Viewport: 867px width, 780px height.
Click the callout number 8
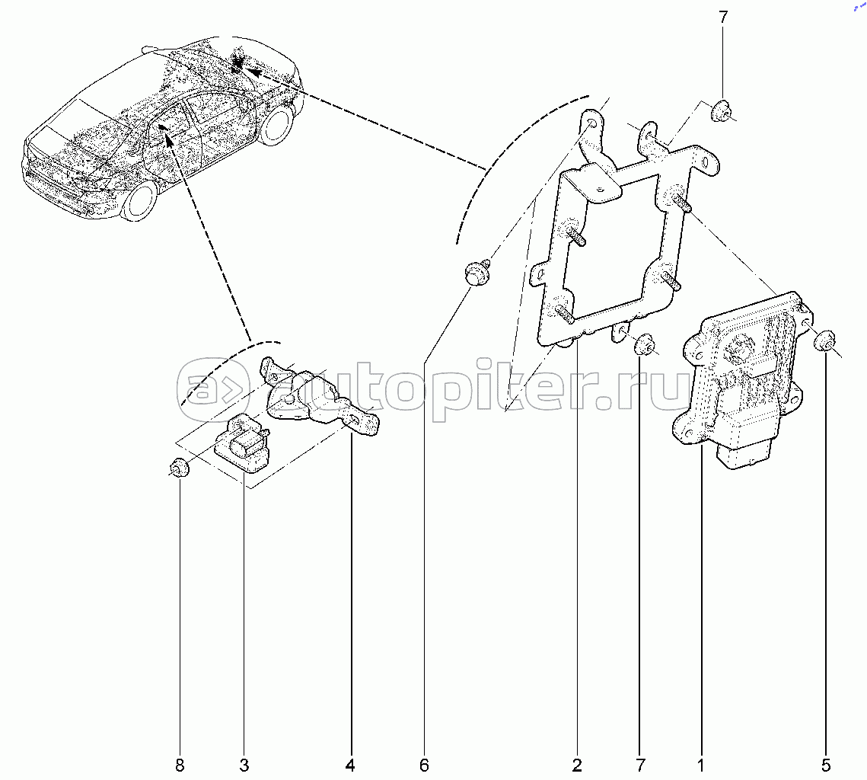(180, 766)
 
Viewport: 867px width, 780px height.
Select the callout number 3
(244, 766)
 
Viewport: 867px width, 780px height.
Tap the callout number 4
(350, 766)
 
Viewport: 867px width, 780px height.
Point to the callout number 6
(424, 766)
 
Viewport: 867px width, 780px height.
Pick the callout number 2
(577, 766)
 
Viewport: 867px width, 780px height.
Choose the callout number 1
(700, 766)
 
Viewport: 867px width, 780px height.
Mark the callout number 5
(826, 766)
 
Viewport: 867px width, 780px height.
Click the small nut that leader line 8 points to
(179, 468)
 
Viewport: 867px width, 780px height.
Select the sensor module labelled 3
(242, 443)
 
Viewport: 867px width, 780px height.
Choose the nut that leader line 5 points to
(824, 340)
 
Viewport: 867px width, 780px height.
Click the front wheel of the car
(139, 201)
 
